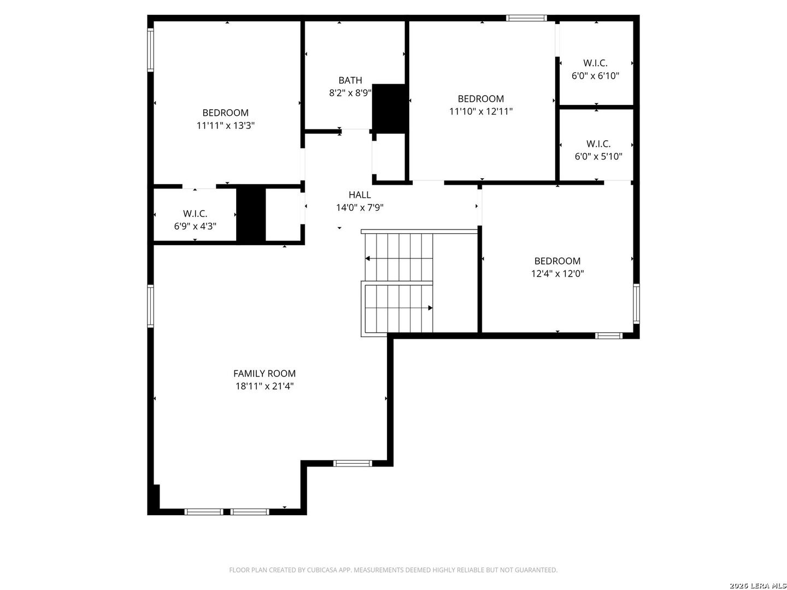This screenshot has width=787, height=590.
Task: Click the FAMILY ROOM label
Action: (x=264, y=374)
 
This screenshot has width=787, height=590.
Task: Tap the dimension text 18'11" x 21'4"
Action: (x=264, y=387)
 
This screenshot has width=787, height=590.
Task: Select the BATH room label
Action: (x=350, y=80)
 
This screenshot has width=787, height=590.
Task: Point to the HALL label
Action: (x=360, y=195)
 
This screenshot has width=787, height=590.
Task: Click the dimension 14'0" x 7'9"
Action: (x=360, y=208)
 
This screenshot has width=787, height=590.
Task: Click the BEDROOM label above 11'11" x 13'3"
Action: (x=226, y=113)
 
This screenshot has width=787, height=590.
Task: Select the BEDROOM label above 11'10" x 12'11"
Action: (x=481, y=99)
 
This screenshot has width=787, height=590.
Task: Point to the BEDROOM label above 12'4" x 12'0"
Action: (x=557, y=261)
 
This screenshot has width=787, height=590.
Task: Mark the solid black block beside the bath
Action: (x=389, y=109)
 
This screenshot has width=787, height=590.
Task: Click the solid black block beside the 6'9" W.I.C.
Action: (x=251, y=214)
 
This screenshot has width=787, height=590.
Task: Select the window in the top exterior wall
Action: (x=526, y=18)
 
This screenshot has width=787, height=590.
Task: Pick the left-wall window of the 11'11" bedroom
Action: (x=151, y=50)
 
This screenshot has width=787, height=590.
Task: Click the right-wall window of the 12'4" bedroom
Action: (x=636, y=304)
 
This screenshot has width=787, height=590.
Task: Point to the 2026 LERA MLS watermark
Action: (x=757, y=585)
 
